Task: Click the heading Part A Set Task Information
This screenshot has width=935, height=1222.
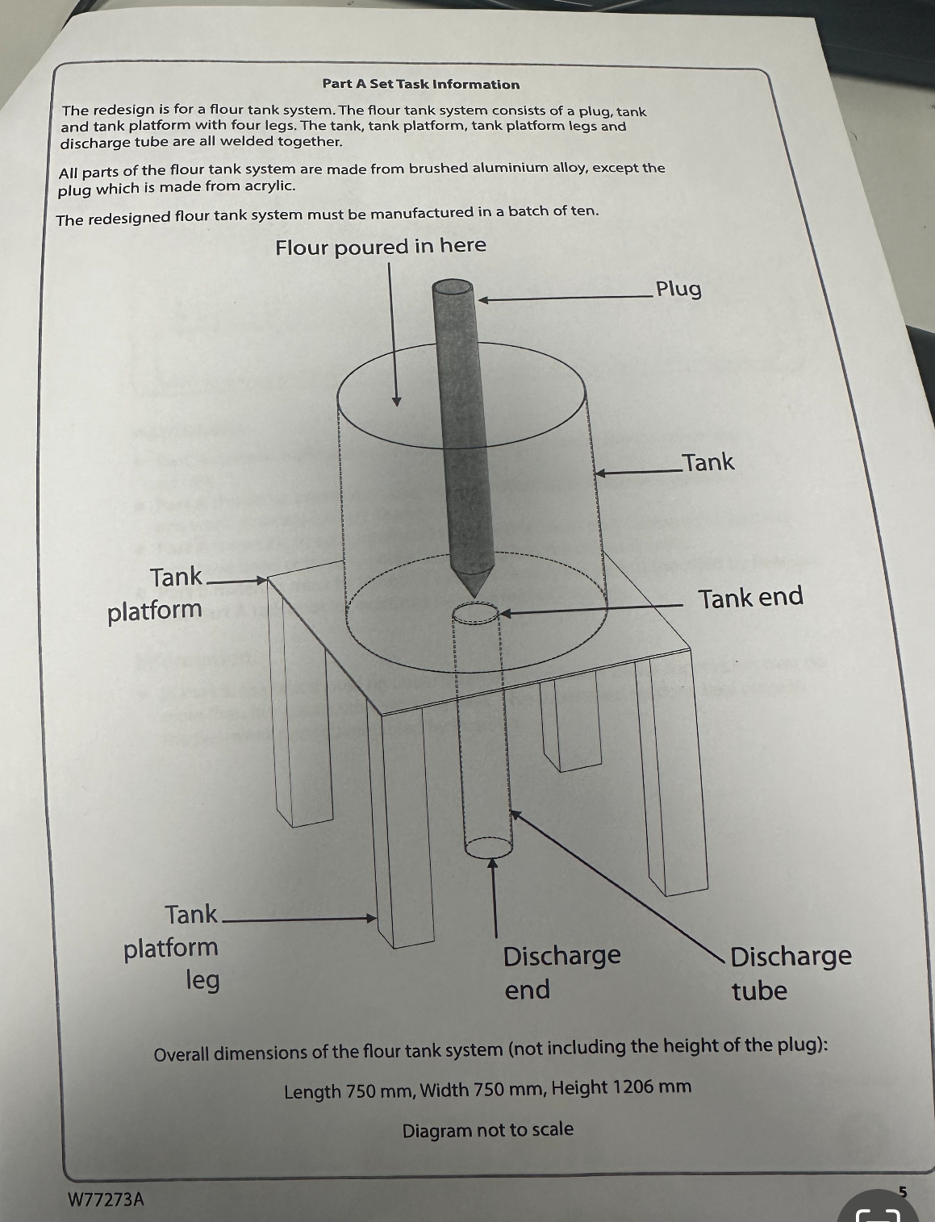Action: point(420,84)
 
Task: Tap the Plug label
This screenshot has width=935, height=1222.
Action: point(678,289)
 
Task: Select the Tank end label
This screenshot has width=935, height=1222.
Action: point(750,598)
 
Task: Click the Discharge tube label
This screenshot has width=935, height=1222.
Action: point(790,973)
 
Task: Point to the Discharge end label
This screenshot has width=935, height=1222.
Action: point(561,972)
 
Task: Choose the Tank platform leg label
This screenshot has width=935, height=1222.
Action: point(172,947)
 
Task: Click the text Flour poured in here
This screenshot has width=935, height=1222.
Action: point(381,246)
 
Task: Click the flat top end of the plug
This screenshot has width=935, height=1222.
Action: point(452,288)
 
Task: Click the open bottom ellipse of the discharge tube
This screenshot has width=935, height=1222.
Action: point(488,848)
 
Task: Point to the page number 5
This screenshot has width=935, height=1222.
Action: point(903,1191)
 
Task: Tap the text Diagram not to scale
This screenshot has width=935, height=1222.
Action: point(487,1129)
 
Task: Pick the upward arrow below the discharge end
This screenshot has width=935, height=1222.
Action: point(494,895)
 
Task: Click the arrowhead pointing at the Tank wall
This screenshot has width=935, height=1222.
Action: point(601,473)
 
